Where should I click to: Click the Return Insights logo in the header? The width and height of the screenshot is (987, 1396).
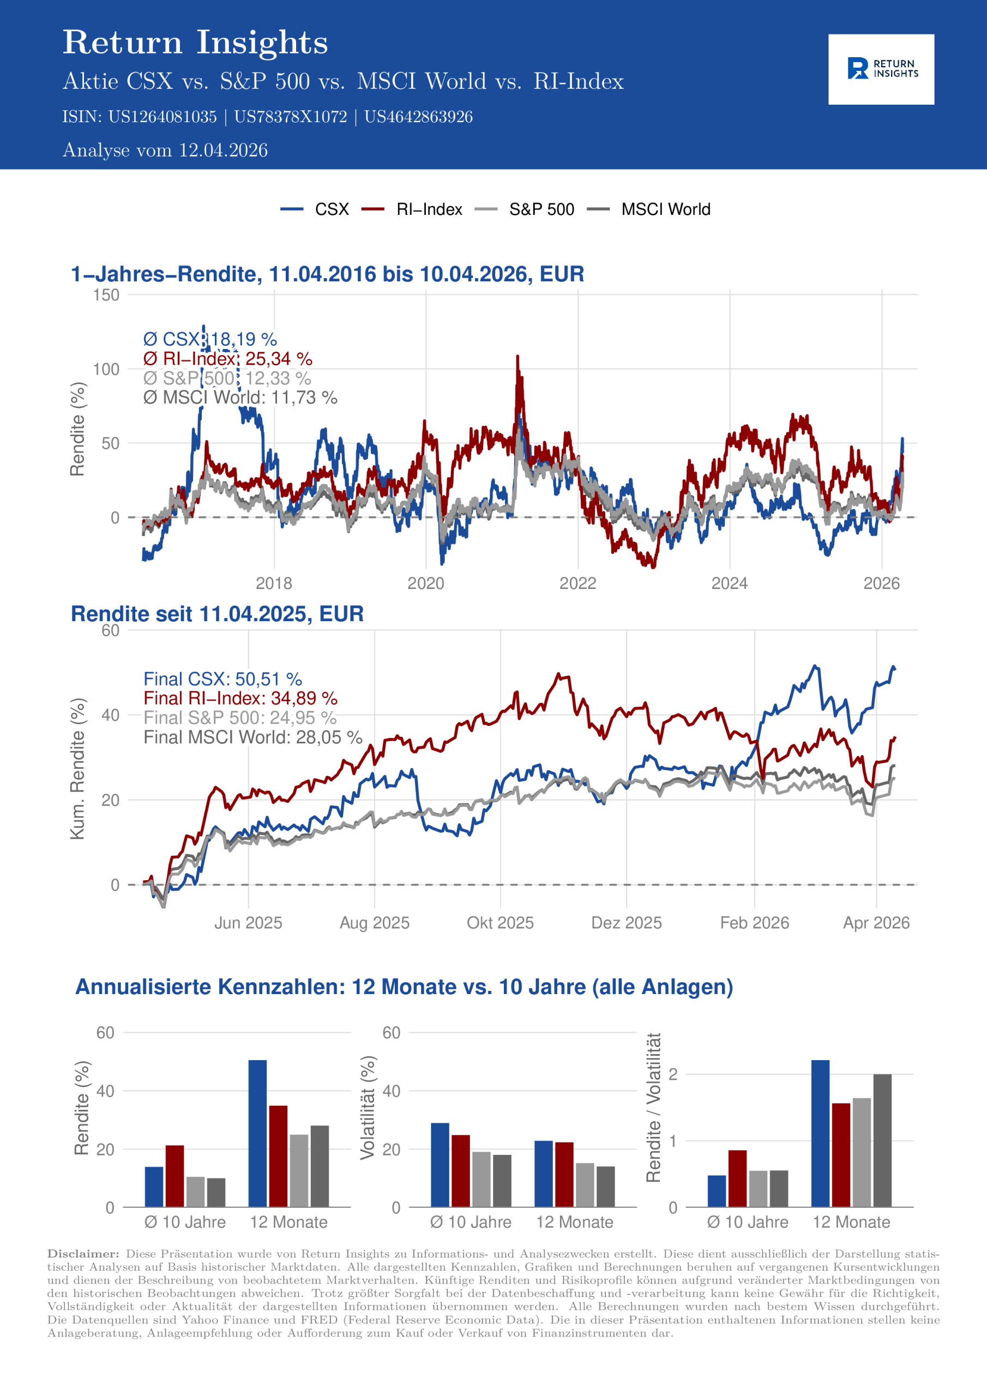[x=881, y=69]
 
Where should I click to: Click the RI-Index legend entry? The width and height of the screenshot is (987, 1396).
[x=429, y=210]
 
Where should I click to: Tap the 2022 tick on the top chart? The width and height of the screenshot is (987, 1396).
[x=577, y=583]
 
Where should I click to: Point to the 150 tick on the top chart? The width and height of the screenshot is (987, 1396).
[x=106, y=296]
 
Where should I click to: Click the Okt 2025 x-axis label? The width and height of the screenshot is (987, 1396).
[x=500, y=923]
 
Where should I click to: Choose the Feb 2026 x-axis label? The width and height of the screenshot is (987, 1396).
[x=754, y=923]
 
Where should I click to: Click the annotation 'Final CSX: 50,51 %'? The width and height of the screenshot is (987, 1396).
[x=222, y=679]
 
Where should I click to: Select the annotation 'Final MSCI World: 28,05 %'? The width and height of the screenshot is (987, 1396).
[x=252, y=737]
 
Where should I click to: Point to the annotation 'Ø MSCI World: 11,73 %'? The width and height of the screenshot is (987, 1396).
[x=240, y=398]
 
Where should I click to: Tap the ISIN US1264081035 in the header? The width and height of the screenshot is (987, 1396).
[x=163, y=117]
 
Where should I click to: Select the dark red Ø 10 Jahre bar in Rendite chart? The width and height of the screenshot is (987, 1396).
[x=174, y=1176]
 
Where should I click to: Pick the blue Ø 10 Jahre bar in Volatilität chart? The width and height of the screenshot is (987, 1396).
[x=440, y=1165]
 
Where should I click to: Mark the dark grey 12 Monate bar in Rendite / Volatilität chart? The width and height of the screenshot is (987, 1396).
[x=882, y=1141]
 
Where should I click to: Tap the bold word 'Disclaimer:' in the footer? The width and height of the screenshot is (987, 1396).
[x=83, y=1254]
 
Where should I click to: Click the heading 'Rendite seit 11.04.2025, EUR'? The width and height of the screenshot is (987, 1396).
[x=217, y=614]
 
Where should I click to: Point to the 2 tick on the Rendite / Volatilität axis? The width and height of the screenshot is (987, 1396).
[x=672, y=1074]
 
